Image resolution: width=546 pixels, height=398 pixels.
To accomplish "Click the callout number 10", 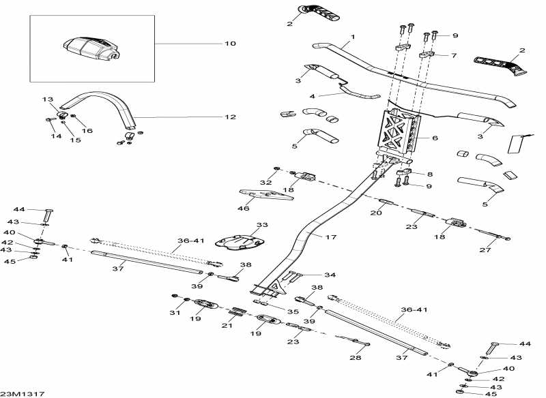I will click(x=230, y=44).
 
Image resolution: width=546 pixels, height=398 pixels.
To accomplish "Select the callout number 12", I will click(x=230, y=117).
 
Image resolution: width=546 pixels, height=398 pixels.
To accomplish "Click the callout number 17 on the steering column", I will click(x=330, y=237).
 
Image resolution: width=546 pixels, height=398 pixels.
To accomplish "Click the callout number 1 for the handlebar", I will click(x=353, y=35).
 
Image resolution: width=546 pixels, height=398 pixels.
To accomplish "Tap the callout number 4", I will click(x=312, y=96).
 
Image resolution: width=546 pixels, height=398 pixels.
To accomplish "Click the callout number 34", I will click(x=330, y=275).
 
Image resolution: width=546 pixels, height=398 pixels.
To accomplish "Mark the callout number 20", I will click(x=376, y=213).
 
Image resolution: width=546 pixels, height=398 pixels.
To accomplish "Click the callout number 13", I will click(x=47, y=100).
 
